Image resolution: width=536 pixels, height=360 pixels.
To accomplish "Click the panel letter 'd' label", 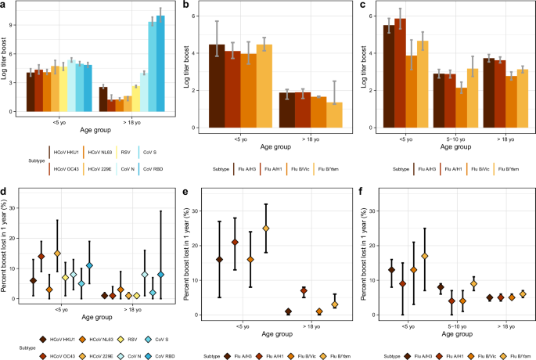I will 3,190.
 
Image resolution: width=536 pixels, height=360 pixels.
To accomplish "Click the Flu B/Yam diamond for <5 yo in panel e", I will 265,229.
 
